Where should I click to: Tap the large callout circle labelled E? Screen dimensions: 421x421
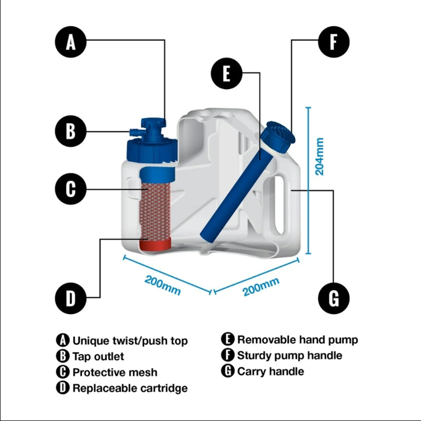[226, 74]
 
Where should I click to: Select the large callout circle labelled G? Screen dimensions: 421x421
[334, 298]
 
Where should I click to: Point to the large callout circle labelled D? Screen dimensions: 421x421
[71, 298]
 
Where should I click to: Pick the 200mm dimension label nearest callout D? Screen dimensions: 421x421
[163, 285]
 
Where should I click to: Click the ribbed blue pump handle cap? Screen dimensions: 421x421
[278, 133]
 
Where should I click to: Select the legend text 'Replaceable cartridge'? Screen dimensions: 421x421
[130, 388]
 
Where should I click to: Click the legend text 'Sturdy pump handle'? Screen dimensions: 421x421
[289, 356]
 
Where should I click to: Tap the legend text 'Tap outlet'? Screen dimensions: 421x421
[98, 356]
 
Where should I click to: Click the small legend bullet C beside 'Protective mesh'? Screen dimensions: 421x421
[63, 372]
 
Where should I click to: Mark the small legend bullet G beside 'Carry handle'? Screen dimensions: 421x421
[228, 371]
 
